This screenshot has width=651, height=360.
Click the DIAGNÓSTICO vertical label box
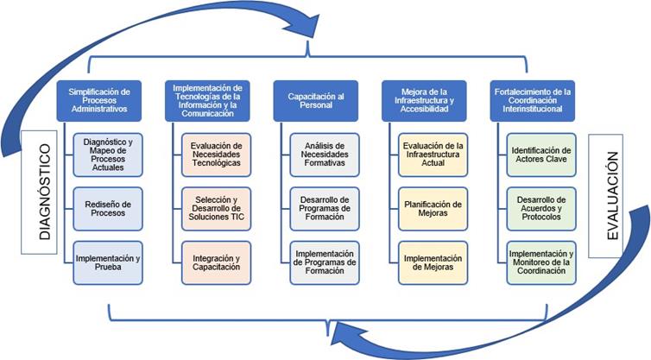(x=39, y=193)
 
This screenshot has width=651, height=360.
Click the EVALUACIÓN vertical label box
(x=606, y=196)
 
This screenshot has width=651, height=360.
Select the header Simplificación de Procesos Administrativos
(x=99, y=101)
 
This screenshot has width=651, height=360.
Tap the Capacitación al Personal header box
(x=316, y=101)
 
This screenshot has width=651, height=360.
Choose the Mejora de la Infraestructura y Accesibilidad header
(x=424, y=101)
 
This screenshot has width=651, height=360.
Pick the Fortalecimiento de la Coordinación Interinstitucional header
(x=533, y=101)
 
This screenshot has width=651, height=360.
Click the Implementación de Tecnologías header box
(x=207, y=101)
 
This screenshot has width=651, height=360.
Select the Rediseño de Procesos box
(x=108, y=209)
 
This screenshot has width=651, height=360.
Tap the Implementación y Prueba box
(x=108, y=262)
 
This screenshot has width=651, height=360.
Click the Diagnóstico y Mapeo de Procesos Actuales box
(x=108, y=155)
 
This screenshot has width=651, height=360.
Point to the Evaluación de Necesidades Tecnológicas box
(x=217, y=155)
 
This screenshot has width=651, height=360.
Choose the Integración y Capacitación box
(x=217, y=262)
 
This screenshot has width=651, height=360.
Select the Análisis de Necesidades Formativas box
(x=325, y=155)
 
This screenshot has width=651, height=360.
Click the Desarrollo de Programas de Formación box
(x=325, y=209)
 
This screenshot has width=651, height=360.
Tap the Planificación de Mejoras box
(x=433, y=209)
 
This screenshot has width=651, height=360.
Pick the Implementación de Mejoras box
(x=433, y=262)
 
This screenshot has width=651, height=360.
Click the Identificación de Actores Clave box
(x=541, y=155)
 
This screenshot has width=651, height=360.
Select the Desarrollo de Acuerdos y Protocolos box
(x=541, y=209)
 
